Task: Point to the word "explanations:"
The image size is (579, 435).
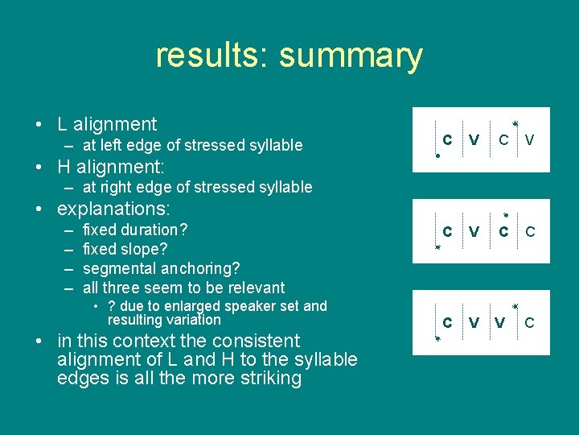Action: tap(113, 209)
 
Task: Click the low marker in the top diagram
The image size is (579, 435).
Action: tap(437, 155)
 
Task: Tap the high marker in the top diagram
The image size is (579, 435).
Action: tap(515, 122)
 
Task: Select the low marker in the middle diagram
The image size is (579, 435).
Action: tap(437, 248)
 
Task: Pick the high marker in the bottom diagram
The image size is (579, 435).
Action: tap(515, 307)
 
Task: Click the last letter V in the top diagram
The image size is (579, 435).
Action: tap(529, 140)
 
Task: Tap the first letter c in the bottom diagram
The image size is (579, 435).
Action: tap(447, 322)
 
